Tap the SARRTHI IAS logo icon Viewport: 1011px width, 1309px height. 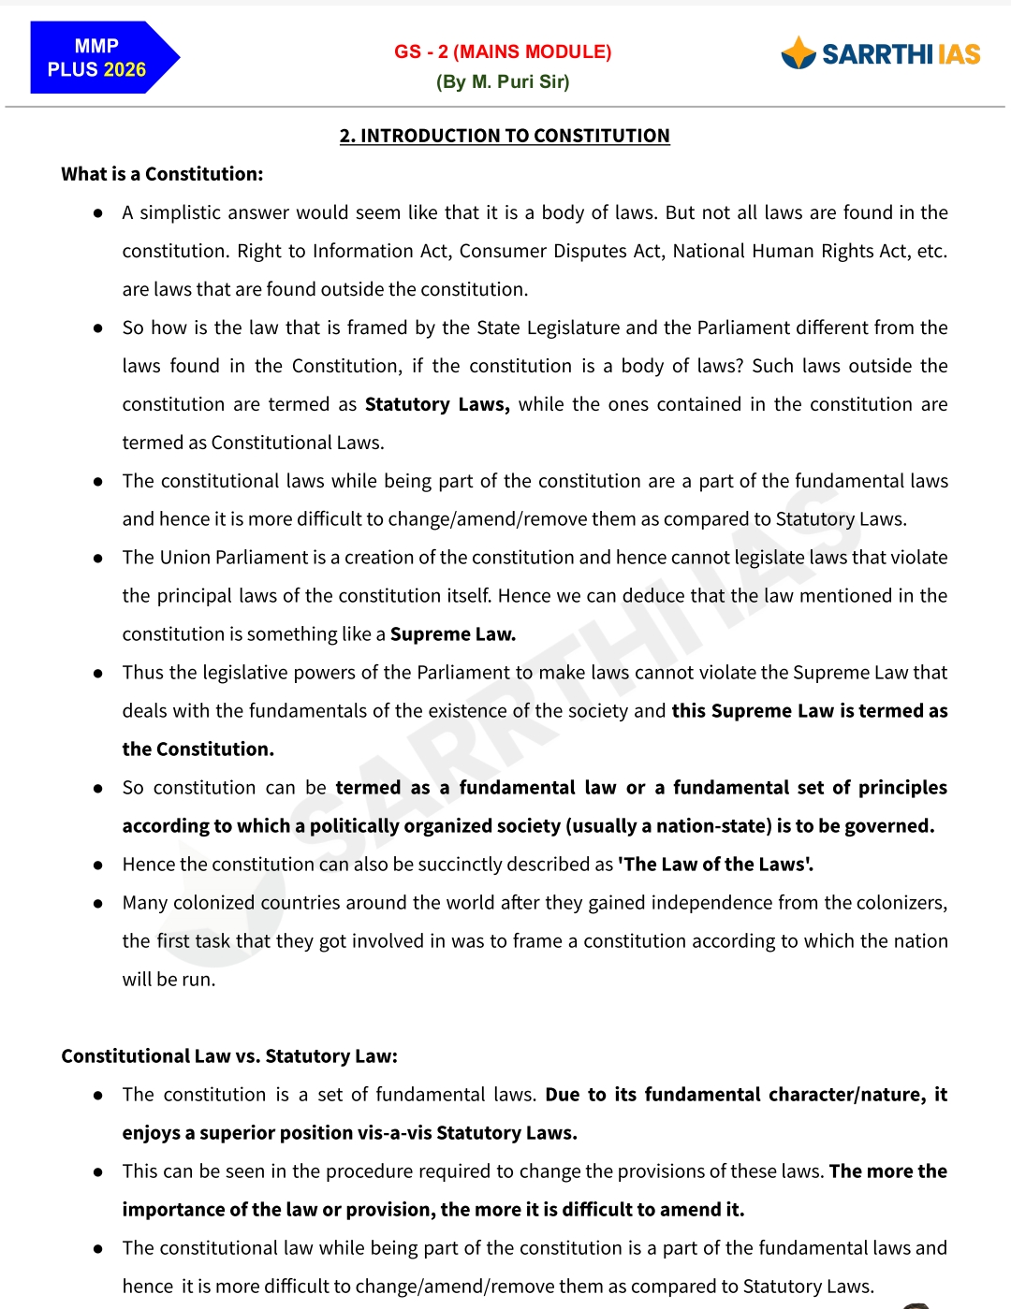799,53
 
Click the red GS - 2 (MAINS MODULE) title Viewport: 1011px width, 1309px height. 503,51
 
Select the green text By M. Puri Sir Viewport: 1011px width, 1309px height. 503,81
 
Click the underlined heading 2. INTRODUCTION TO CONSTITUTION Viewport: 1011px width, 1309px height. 505,136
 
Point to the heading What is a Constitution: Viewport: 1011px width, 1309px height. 162,174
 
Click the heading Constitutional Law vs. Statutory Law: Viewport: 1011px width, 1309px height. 229,1056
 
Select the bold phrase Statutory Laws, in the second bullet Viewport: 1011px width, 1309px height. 437,404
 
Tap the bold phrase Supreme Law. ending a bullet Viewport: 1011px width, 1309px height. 453,634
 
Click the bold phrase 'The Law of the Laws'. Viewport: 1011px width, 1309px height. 715,865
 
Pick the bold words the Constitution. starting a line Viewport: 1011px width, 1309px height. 198,749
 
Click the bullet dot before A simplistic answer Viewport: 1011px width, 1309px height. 97,213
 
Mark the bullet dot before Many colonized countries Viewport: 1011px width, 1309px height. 97,904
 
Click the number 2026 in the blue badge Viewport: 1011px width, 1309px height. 125,70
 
